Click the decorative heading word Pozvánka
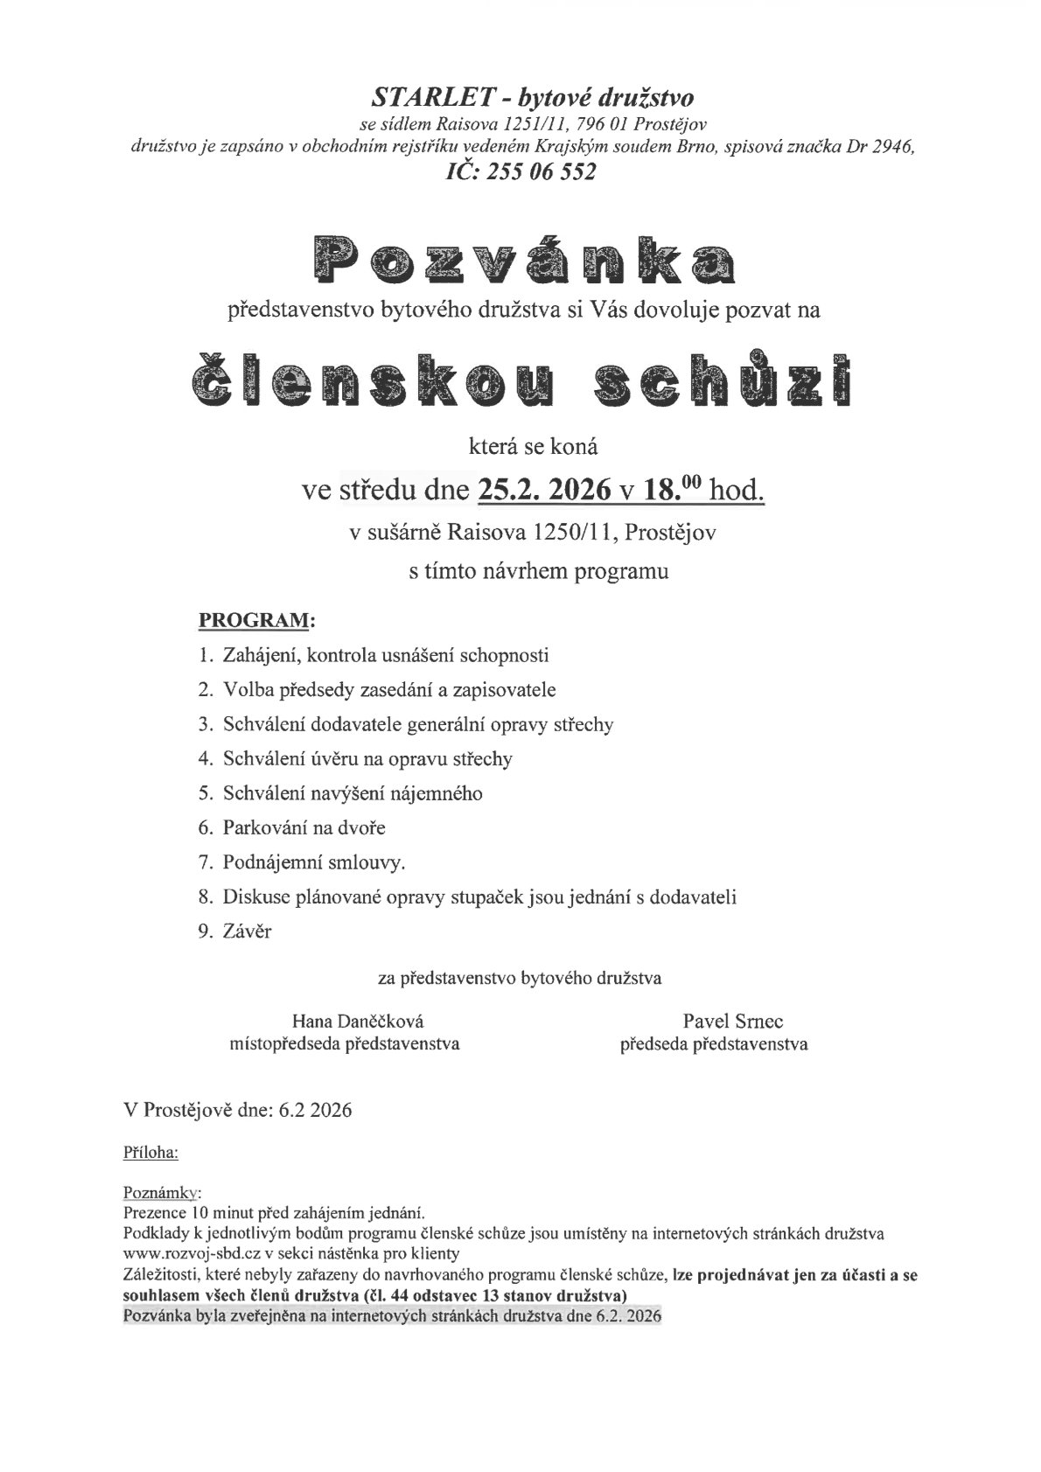[520, 261]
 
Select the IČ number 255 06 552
[545, 172]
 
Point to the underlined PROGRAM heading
[255, 621]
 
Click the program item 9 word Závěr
[247, 931]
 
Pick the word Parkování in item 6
[262, 827]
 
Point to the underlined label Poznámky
[163, 1193]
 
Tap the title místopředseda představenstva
[344, 1043]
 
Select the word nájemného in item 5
[442, 793]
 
